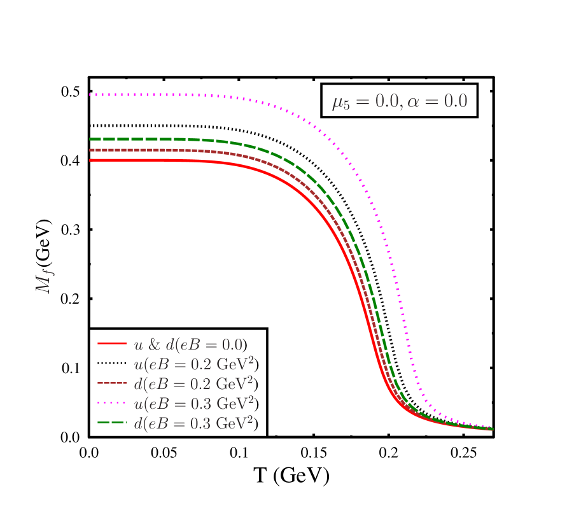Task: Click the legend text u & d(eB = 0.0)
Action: pos(190,344)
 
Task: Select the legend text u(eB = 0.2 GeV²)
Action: pos(197,364)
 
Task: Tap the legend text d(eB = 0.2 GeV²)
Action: pos(197,384)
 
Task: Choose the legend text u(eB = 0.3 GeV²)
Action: pos(197,404)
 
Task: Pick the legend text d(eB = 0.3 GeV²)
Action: pos(197,423)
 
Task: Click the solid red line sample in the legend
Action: pos(112,344)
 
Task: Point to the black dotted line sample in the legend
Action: pos(112,364)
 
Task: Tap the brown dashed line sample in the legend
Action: pos(112,383)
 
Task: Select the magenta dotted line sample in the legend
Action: pos(112,403)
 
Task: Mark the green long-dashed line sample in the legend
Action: pos(112,423)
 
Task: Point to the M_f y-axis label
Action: pos(44,281)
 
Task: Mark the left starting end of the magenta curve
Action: pos(90,94)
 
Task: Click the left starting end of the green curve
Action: pos(91,139)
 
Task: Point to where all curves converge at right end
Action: pos(491,429)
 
